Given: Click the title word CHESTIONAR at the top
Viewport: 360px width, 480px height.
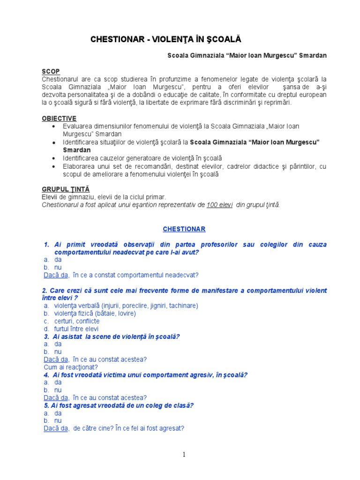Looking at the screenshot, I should pos(116,40).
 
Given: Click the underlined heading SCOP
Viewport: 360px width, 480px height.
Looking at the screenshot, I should pos(51,71).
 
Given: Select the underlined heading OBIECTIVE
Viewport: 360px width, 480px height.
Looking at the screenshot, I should pos(59,119).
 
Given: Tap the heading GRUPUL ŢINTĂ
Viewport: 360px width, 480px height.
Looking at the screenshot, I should pos(66,189).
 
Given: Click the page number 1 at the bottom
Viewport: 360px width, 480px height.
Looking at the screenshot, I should pos(184,454).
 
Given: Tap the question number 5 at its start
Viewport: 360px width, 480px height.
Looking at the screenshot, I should pos(46,405).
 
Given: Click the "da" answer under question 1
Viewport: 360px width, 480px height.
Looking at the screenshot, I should pos(58,259).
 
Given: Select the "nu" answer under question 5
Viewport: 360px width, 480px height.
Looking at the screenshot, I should pos(58,420).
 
